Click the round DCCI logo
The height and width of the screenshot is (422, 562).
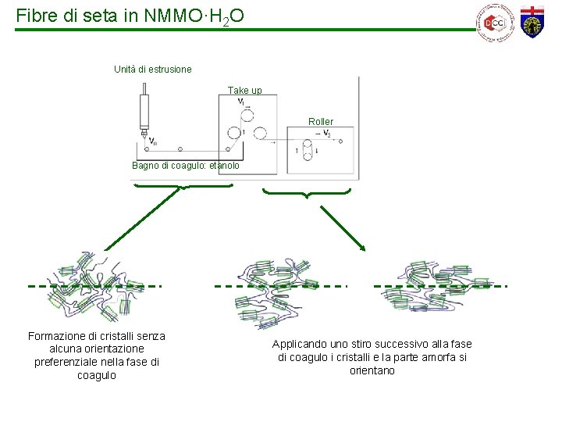coord(493,23)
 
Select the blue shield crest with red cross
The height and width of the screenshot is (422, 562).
coord(534,21)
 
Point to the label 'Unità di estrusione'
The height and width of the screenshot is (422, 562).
coord(153,70)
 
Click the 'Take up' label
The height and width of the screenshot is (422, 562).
coord(250,91)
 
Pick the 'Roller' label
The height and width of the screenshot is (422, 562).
coord(321,122)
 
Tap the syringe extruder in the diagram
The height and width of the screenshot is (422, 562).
coord(144,113)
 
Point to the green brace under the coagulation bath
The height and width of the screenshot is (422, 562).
coord(183,187)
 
